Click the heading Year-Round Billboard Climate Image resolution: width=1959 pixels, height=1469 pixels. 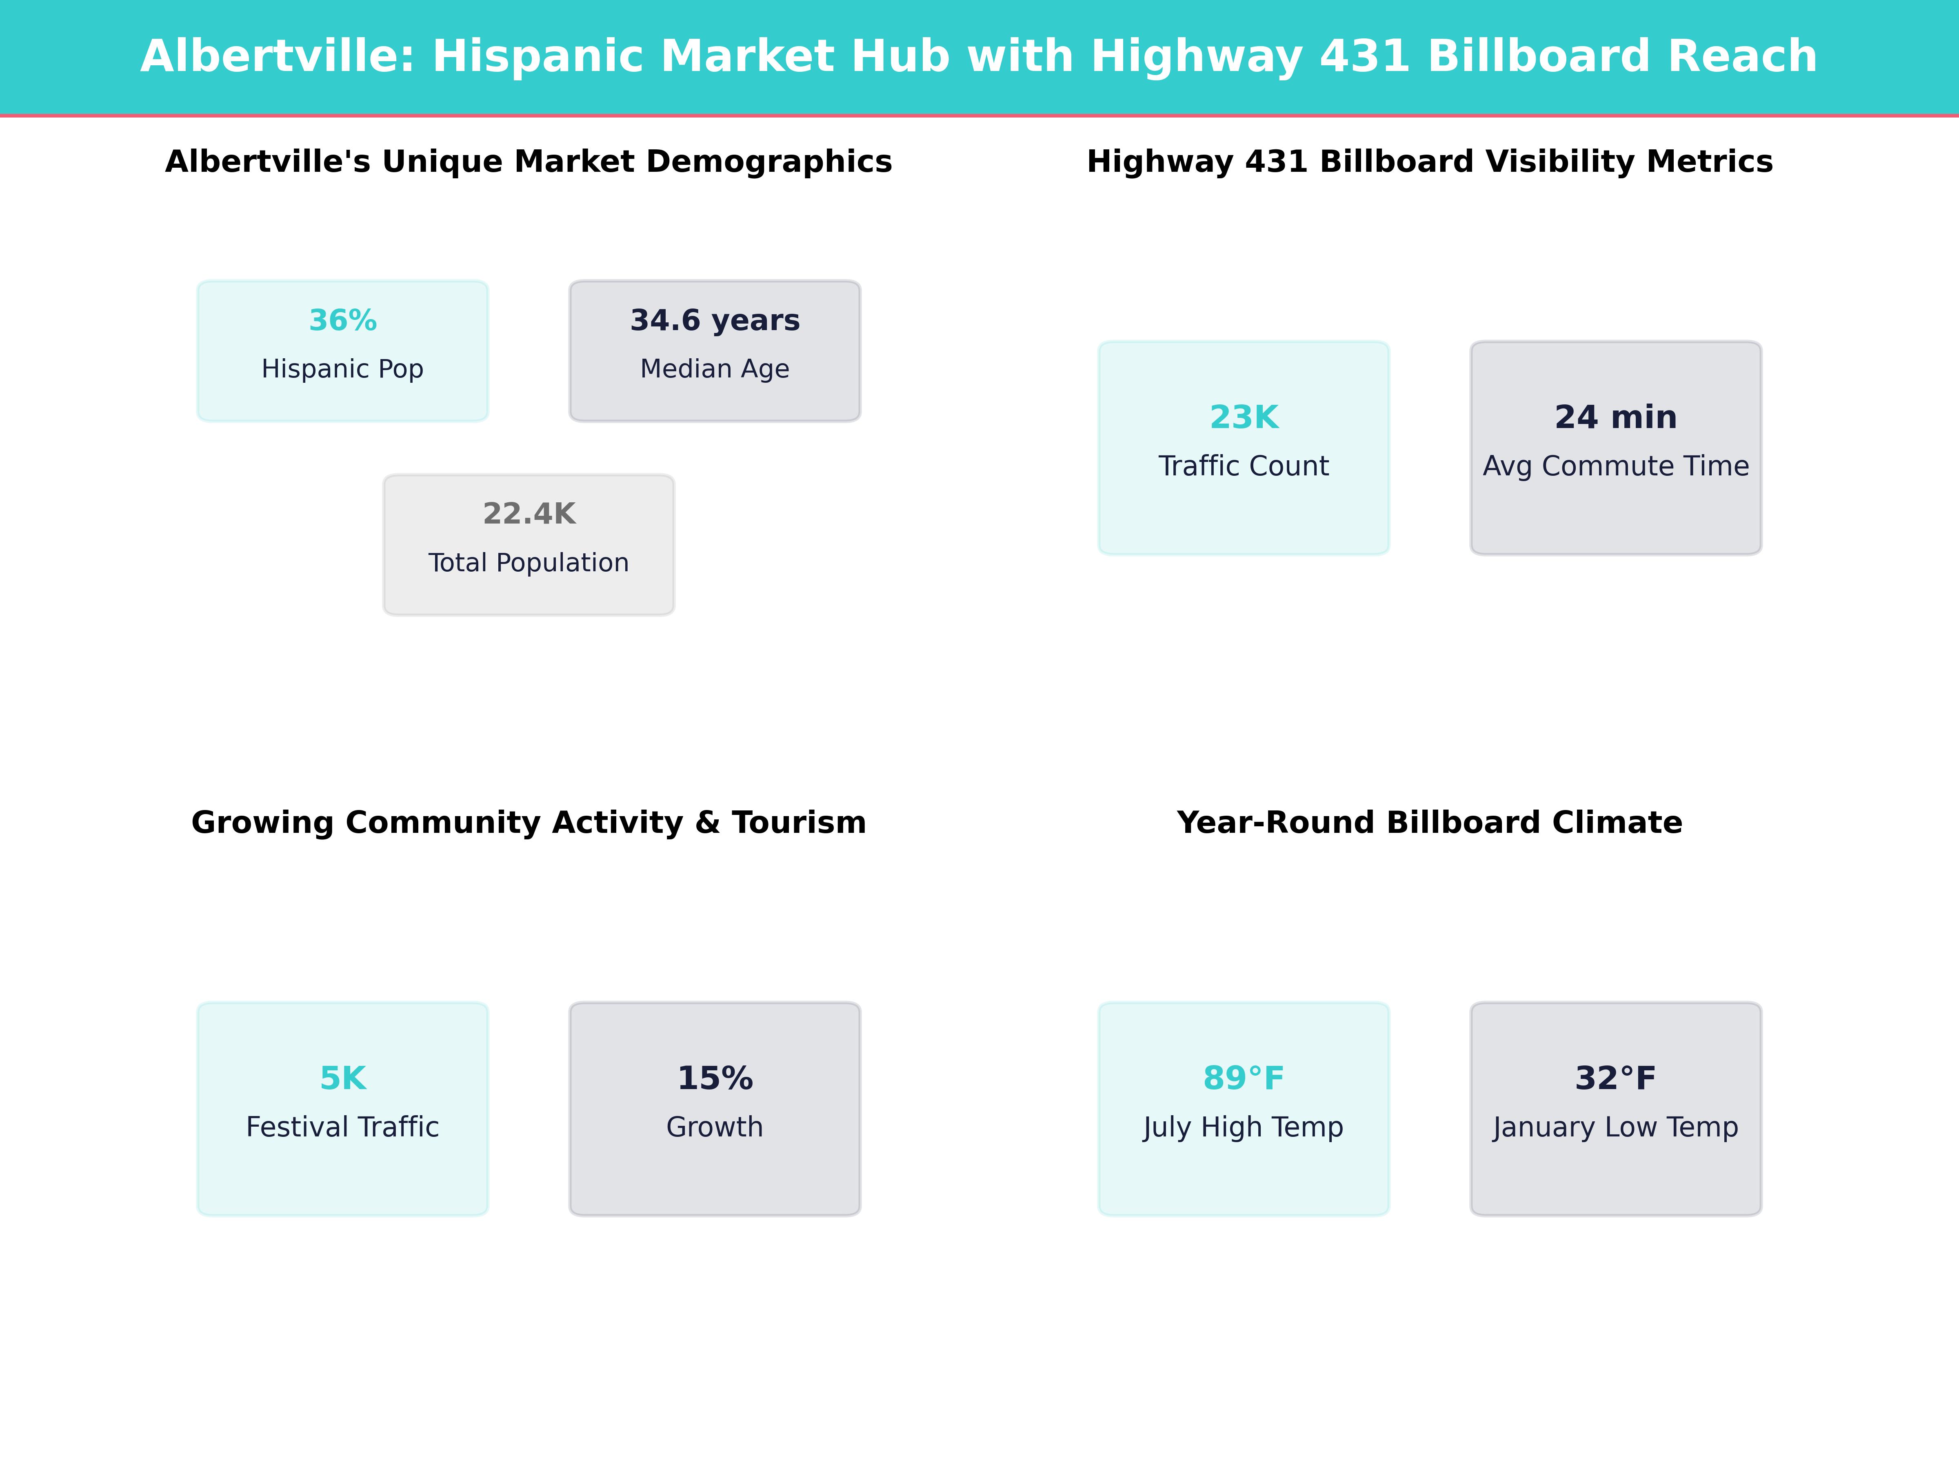(x=1429, y=823)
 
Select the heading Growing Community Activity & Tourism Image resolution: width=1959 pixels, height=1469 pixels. (x=529, y=823)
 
